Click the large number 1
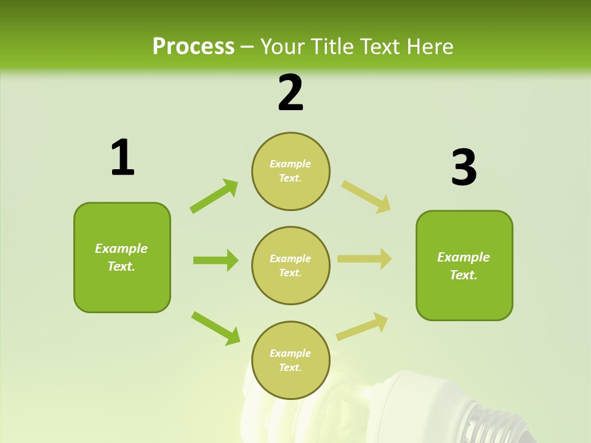123,158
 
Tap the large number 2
291,92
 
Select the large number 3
464,168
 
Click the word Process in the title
193,46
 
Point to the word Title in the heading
331,46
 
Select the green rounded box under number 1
122,257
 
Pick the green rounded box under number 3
464,265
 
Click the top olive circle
291,171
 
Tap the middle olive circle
291,265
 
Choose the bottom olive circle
291,360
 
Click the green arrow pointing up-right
214,196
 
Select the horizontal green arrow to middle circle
215,260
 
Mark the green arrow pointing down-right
215,328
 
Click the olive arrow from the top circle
366,196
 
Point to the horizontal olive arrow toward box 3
364,259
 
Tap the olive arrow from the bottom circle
362,327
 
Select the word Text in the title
380,46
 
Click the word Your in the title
281,46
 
